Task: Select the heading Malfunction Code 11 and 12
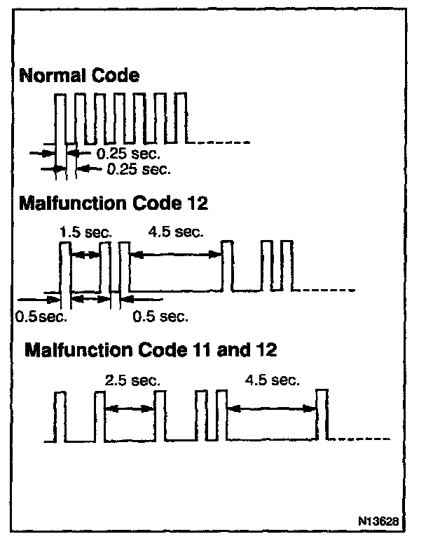151,349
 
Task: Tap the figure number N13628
378,522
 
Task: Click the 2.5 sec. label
132,381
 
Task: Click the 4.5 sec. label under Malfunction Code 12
175,230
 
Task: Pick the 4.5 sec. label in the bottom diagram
273,381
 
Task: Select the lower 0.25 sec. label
139,169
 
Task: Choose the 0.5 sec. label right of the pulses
160,317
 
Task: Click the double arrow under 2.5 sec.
130,409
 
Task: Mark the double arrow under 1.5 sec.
87,255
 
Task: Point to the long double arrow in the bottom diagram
273,409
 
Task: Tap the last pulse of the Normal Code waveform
183,118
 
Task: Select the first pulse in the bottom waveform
60,418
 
